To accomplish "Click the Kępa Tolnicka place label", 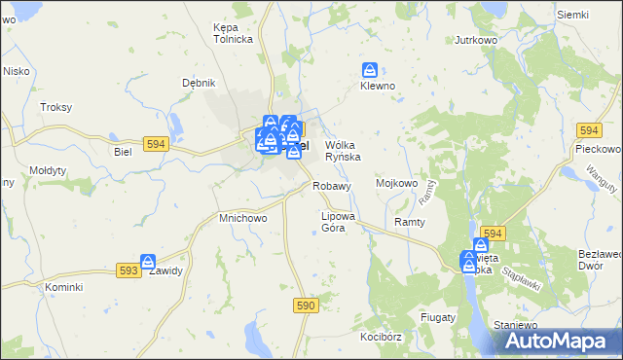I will coord(233,33).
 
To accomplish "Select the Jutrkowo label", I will coord(477,41).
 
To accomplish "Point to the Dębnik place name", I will coord(198,83).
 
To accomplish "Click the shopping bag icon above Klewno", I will coord(370,70).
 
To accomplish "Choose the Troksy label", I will coord(55,107).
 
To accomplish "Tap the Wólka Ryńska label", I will coord(343,150).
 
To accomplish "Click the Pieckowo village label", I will coord(598,149).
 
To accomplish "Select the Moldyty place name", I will coord(48,170).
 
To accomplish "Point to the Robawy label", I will coord(331,185).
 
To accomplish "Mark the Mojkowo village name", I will coord(396,182).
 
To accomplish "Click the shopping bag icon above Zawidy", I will coord(148,262).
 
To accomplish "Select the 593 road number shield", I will coord(128,270).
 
